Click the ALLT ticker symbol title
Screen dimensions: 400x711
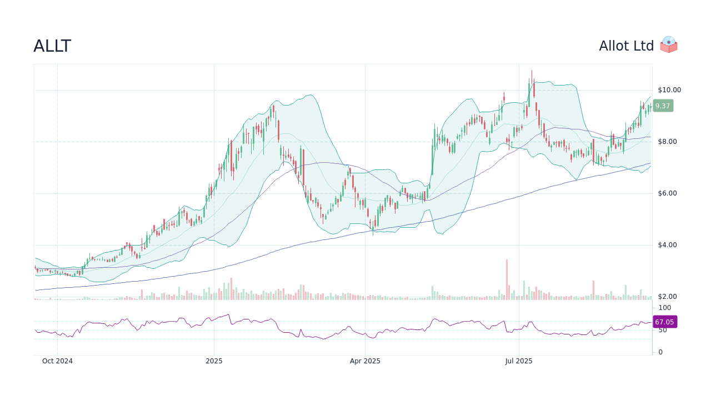[52, 46]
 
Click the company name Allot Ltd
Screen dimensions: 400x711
[626, 46]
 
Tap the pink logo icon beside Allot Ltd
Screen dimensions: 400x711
[669, 44]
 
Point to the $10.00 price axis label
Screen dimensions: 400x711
[669, 90]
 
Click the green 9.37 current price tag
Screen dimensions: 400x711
[663, 106]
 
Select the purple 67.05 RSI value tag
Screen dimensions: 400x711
[664, 322]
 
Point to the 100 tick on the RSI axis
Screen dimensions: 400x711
[665, 308]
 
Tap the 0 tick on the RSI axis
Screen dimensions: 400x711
[660, 352]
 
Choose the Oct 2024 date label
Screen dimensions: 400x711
[57, 361]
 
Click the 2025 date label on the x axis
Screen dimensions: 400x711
[214, 361]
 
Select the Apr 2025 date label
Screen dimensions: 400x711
[365, 361]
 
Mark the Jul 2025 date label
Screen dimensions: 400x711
[519, 361]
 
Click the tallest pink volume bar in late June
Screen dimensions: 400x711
[507, 280]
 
